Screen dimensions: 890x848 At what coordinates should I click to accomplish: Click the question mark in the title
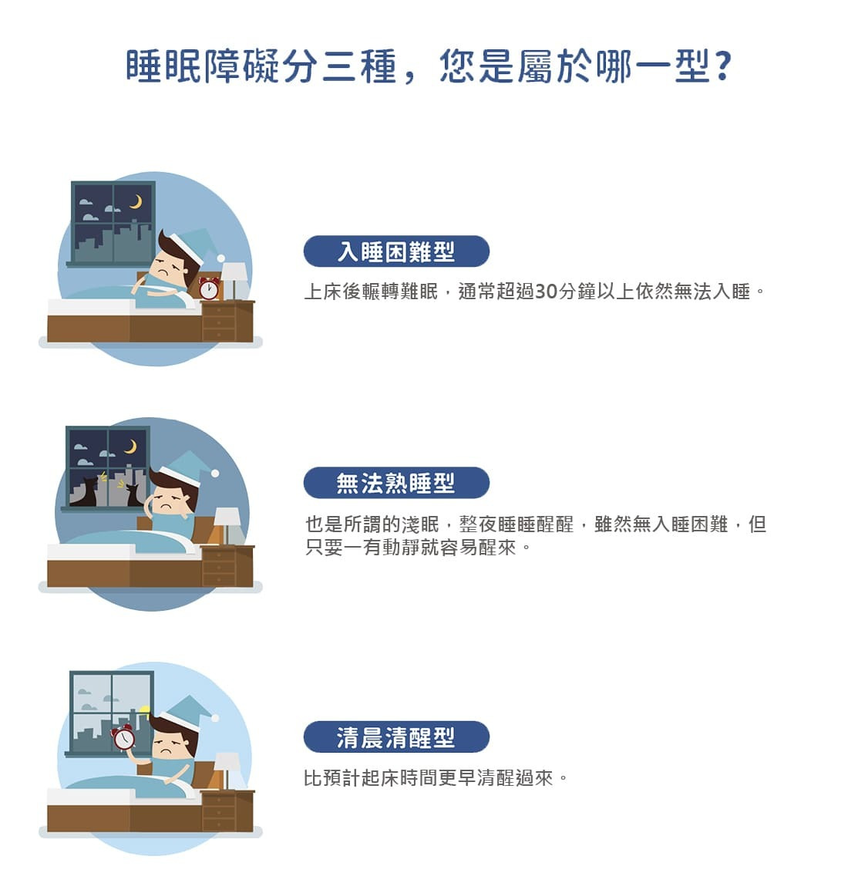(722, 67)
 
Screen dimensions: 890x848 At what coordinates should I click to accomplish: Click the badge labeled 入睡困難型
(396, 252)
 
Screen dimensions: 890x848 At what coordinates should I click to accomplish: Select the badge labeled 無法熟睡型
(396, 484)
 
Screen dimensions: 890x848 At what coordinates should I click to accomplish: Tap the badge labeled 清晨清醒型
(396, 737)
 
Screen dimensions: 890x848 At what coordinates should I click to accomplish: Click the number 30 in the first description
(545, 292)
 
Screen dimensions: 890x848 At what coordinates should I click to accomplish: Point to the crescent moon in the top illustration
(136, 202)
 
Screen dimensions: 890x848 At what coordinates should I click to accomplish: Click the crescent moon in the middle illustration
(130, 447)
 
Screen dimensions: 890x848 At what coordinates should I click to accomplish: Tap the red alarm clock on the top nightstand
(208, 288)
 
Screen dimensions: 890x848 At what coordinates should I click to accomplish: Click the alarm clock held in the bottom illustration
(123, 738)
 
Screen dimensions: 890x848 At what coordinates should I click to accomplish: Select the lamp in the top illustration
(234, 279)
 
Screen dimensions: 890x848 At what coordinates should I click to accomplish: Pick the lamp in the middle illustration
(227, 524)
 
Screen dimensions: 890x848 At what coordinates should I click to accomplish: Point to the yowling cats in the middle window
(108, 490)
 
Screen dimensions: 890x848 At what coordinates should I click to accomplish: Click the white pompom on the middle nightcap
(215, 473)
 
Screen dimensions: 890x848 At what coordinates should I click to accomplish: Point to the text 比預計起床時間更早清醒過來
(429, 778)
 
